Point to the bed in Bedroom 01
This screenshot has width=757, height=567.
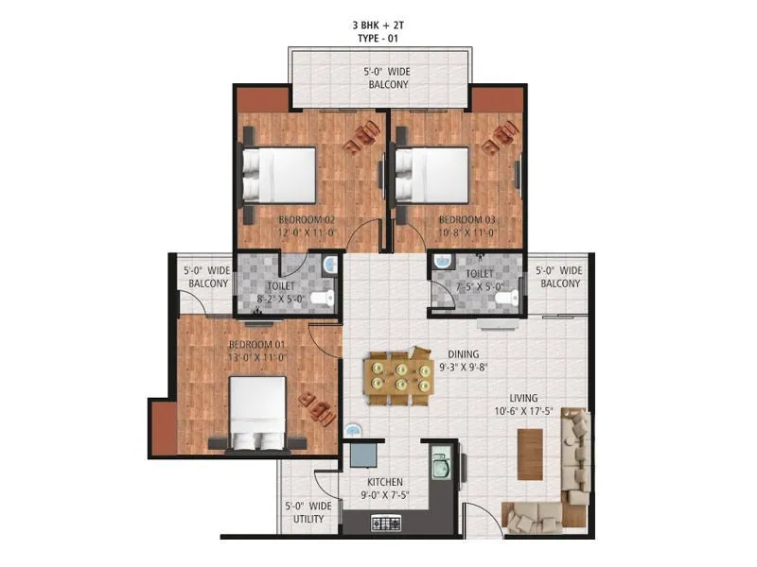pos(255,412)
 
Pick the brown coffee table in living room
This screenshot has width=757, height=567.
pos(531,454)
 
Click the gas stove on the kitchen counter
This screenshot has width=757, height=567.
pos(388,521)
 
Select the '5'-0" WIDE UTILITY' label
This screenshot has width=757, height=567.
pos(308,512)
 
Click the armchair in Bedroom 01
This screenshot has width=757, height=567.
pos(315,408)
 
